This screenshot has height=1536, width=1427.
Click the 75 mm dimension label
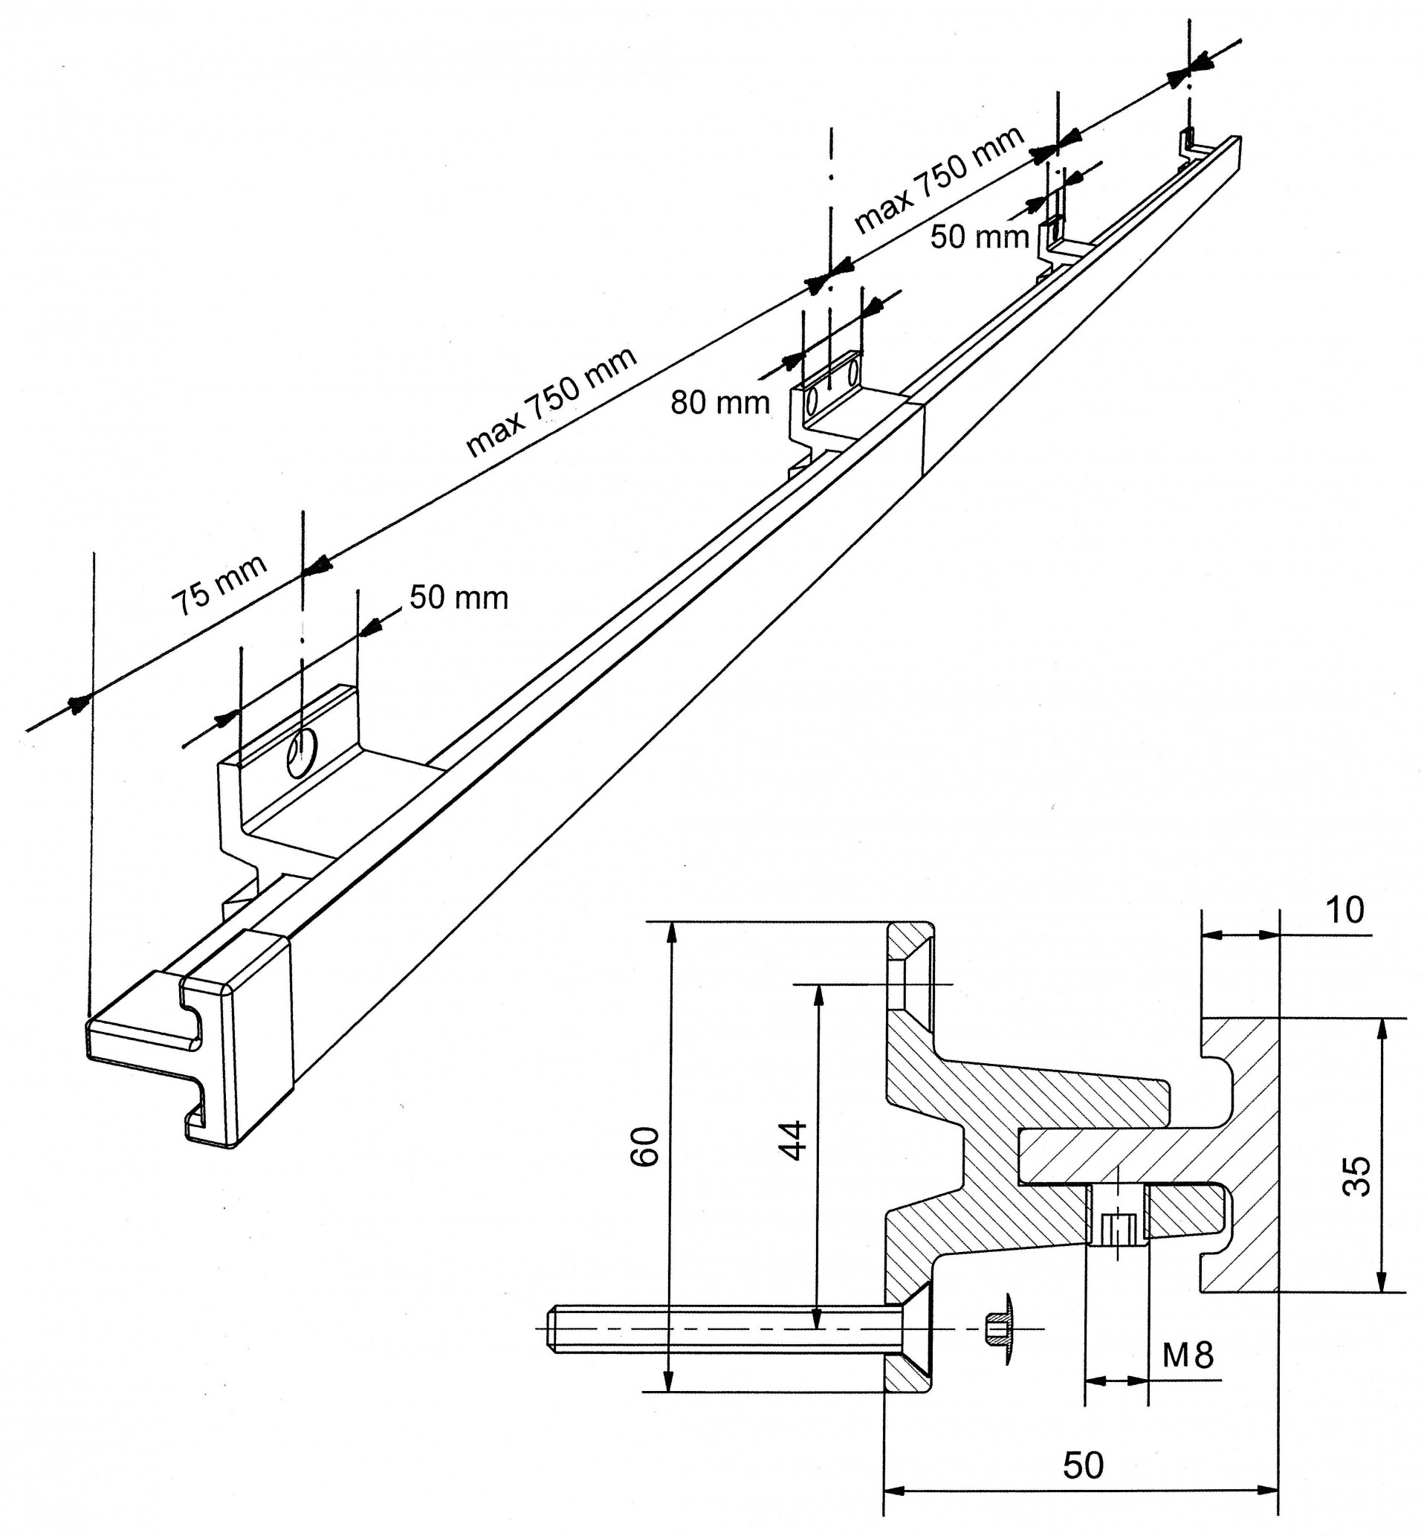[x=219, y=584]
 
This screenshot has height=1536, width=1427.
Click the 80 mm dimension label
[x=719, y=403]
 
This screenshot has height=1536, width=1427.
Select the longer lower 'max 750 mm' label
[x=551, y=401]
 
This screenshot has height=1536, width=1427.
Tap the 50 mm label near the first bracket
[x=459, y=598]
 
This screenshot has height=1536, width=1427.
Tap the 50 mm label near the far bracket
[x=979, y=236]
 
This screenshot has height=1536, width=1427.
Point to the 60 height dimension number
[x=646, y=1146]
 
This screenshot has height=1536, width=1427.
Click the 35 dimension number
[x=1356, y=1176]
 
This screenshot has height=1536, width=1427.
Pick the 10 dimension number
[x=1345, y=911]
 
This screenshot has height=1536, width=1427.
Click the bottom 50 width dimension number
[x=1084, y=1465]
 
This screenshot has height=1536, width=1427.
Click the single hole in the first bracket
[x=302, y=753]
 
